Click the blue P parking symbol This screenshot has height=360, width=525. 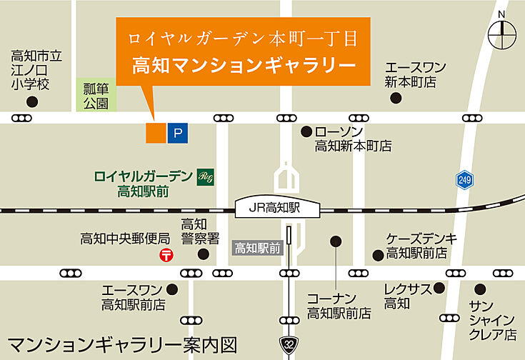179,132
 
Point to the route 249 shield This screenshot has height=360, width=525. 465,180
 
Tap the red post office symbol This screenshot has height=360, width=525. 167,255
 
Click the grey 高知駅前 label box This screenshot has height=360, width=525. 258,249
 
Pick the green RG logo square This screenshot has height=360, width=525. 205,176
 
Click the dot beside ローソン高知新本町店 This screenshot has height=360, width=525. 306,131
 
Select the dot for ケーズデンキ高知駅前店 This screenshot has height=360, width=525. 378,255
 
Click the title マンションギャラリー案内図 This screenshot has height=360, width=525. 121,345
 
